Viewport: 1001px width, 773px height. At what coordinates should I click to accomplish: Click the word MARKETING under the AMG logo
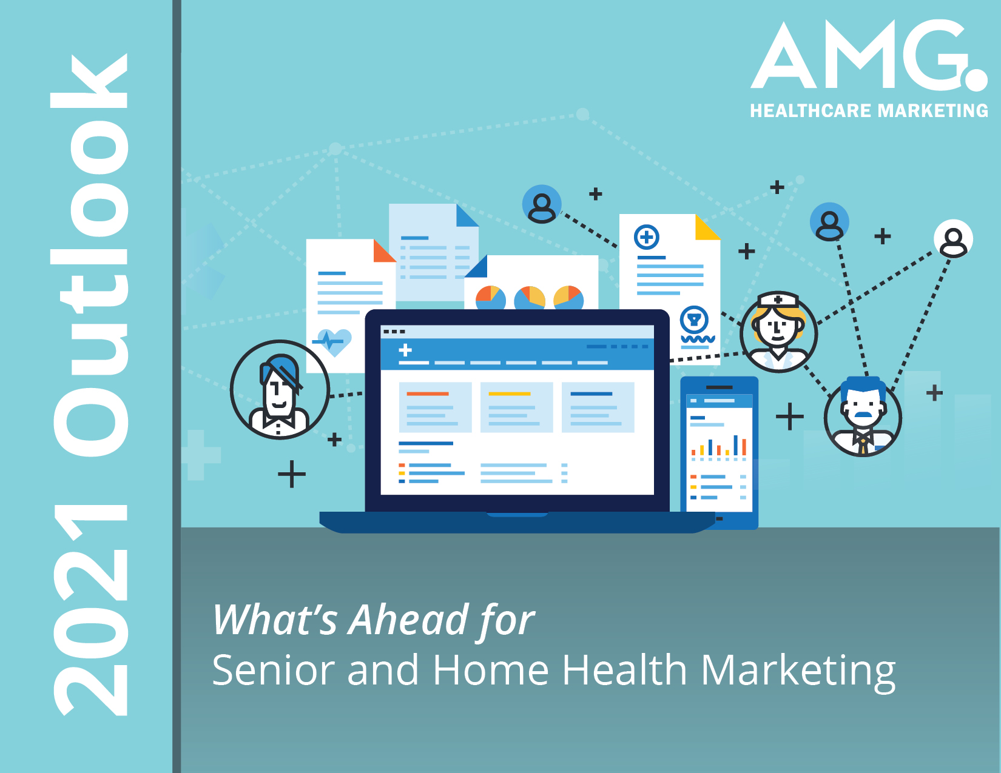(933, 111)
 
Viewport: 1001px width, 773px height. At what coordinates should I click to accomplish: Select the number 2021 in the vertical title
(90, 609)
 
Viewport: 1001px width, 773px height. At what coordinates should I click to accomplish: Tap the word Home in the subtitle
(491, 671)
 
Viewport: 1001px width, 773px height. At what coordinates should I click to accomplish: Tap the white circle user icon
(953, 239)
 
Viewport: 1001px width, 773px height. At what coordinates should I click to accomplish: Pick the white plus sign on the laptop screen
(405, 350)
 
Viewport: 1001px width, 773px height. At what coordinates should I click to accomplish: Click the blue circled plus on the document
(646, 237)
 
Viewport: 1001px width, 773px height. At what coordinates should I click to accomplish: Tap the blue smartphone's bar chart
(719, 447)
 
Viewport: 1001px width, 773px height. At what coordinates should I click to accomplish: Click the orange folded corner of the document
(384, 252)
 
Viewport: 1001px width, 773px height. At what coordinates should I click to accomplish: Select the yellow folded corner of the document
(707, 227)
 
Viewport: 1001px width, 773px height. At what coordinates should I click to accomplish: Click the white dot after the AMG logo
(976, 79)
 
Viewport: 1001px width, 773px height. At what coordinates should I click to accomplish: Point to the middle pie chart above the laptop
(529, 298)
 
